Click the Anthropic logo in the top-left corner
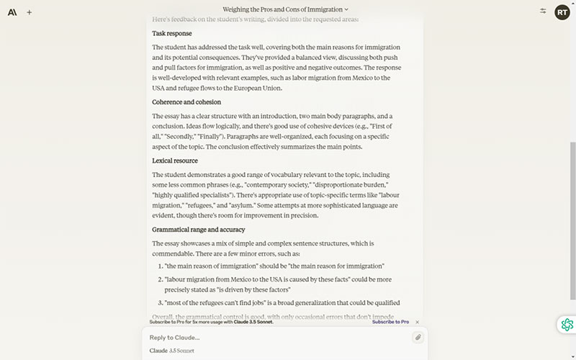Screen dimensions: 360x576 point(12,12)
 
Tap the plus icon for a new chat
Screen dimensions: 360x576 point(30,12)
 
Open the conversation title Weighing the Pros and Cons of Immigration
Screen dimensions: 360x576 point(284,9)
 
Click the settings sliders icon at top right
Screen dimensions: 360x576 point(543,12)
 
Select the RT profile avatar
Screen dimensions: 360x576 point(562,12)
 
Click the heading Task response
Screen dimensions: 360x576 point(171,33)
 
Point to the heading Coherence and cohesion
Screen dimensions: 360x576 point(186,102)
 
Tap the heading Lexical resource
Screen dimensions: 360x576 point(174,161)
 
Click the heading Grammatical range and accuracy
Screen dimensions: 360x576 point(198,230)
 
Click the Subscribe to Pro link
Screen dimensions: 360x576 point(390,322)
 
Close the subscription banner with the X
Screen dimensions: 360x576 point(417,322)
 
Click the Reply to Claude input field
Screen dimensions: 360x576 point(274,337)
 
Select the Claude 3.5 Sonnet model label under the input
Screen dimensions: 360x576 point(171,351)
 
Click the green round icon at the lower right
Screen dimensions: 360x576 point(567,325)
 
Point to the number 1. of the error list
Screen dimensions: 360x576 point(160,266)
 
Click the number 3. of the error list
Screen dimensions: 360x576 point(160,302)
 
